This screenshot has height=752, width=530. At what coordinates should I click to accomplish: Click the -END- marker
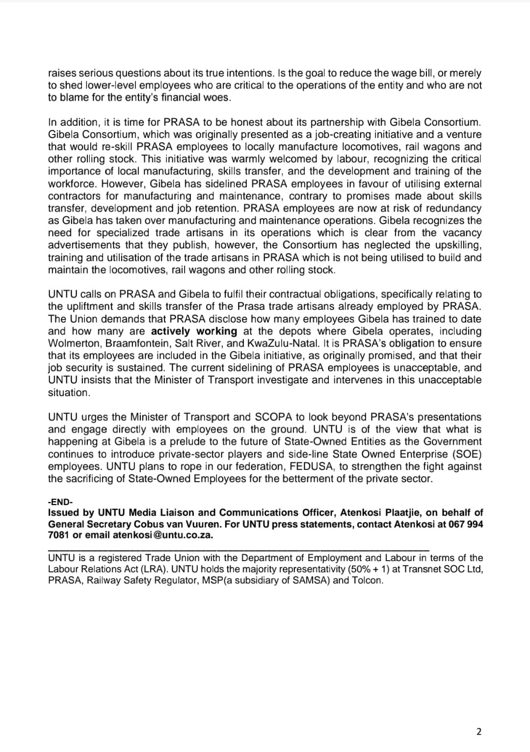tap(60, 502)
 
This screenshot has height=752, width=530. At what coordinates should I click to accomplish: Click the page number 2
tap(479, 731)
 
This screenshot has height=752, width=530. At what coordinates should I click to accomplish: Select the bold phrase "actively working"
tap(194, 331)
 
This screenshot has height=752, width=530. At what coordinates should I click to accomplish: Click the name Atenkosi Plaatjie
tap(380, 512)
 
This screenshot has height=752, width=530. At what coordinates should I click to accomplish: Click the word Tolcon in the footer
tap(367, 580)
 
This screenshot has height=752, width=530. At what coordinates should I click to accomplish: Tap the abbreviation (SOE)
tap(467, 454)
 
